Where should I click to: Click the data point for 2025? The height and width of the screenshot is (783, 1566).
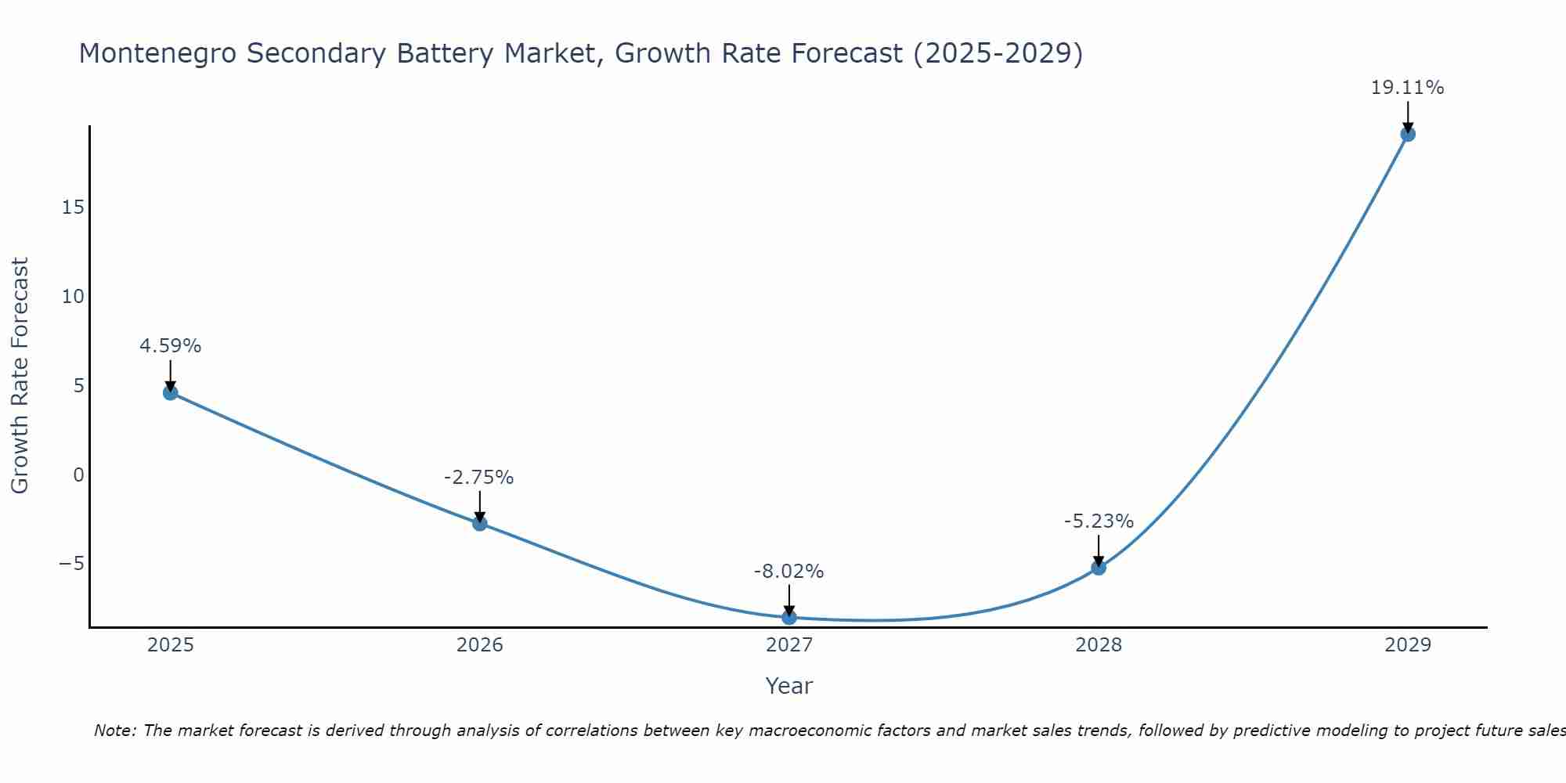(x=171, y=392)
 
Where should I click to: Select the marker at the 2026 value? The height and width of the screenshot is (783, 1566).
(x=480, y=523)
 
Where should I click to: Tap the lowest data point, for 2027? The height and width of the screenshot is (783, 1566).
(x=789, y=617)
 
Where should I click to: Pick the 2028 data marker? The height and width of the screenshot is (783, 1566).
(x=1099, y=568)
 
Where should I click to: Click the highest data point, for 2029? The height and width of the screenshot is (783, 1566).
(x=1408, y=134)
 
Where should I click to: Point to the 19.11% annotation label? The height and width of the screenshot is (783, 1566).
(x=1407, y=88)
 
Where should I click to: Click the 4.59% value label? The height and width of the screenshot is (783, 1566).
(x=170, y=346)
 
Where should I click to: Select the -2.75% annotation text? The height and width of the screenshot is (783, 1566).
(x=478, y=478)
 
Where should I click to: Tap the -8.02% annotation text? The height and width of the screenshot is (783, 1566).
(x=788, y=572)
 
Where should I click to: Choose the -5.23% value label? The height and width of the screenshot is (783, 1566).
(x=1099, y=521)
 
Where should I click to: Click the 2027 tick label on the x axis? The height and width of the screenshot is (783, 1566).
(x=789, y=645)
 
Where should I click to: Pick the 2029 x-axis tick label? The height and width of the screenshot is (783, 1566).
(x=1408, y=645)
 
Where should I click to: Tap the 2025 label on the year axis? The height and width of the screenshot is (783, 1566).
(x=171, y=645)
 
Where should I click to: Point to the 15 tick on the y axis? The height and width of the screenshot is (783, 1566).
(x=74, y=207)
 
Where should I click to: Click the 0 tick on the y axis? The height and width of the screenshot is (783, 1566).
(x=78, y=474)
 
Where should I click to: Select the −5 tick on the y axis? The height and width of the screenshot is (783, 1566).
(x=71, y=564)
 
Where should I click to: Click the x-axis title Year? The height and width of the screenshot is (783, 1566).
(x=789, y=686)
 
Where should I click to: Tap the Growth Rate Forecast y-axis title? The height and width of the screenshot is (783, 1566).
(x=20, y=376)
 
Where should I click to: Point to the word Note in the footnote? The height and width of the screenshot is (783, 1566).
(x=114, y=731)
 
